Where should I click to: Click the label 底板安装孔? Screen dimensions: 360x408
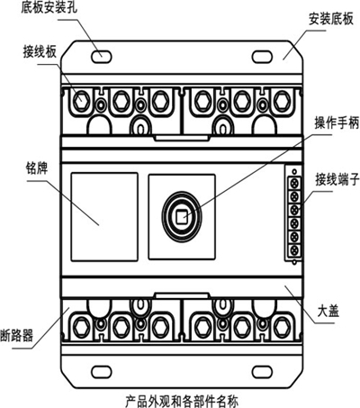(x=49, y=8)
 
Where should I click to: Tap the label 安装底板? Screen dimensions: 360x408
(x=331, y=19)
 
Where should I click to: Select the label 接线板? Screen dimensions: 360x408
(x=40, y=51)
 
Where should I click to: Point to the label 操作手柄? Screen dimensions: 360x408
(x=337, y=123)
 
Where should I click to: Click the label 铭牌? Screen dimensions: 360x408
(x=36, y=168)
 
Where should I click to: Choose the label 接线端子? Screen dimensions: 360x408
(x=337, y=180)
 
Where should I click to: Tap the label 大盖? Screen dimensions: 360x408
(x=328, y=312)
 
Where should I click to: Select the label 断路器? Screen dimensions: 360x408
(x=16, y=336)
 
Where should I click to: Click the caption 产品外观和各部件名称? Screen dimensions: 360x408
(x=182, y=402)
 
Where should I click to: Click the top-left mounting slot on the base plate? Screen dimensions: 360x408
(x=102, y=57)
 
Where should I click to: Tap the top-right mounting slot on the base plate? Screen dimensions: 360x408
(x=262, y=57)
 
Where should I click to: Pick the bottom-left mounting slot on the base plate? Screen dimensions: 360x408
(x=102, y=372)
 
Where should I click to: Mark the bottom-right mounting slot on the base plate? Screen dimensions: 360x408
(x=262, y=372)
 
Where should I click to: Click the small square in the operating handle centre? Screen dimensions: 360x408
(x=181, y=217)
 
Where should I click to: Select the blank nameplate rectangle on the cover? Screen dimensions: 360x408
(x=104, y=217)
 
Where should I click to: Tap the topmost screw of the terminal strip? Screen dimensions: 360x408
(x=294, y=183)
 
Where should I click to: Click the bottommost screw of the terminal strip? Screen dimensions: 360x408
(x=294, y=249)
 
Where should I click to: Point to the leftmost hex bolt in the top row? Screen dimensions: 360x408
(x=81, y=101)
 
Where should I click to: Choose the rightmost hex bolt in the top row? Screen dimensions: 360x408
(x=282, y=101)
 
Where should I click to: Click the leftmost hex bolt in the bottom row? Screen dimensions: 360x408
(x=81, y=327)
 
